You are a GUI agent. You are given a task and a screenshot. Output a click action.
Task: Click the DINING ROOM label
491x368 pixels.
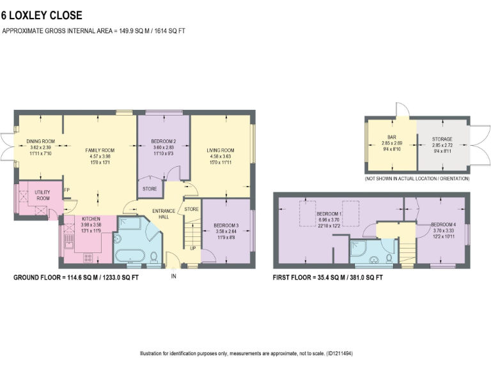40,141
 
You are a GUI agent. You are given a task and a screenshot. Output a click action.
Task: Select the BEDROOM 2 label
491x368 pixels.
164,141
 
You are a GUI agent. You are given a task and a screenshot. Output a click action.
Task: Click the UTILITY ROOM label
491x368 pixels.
43,195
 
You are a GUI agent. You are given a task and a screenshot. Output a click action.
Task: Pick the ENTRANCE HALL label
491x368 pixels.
164,213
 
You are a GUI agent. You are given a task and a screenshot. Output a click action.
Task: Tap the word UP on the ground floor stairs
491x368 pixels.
192,248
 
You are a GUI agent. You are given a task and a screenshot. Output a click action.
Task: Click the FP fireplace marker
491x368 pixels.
66,190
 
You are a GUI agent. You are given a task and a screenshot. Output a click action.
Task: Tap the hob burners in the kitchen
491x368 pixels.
87,257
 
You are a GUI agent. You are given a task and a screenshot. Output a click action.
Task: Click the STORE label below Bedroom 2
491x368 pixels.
150,189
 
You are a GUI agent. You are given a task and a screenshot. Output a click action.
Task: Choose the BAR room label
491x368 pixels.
390,139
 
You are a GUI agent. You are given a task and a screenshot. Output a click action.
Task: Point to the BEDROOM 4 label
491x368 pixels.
443,225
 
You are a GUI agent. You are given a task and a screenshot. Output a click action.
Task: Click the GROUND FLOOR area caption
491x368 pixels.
77,278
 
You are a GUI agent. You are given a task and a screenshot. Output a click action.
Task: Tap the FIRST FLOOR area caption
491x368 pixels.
328,278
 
